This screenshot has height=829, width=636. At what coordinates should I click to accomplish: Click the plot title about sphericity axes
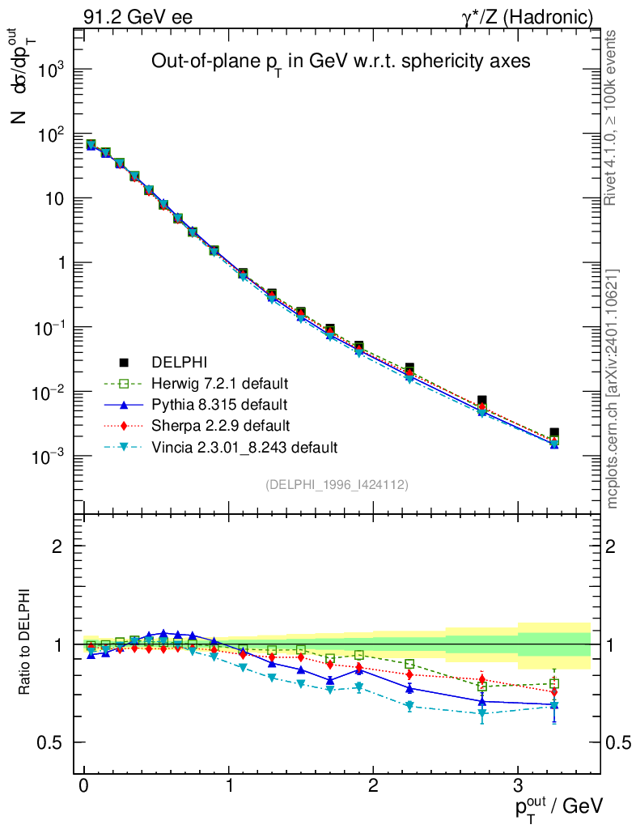(341, 62)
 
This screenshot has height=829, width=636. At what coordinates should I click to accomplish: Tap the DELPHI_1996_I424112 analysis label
(337, 485)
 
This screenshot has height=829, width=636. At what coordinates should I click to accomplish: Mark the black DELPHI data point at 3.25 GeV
(554, 434)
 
